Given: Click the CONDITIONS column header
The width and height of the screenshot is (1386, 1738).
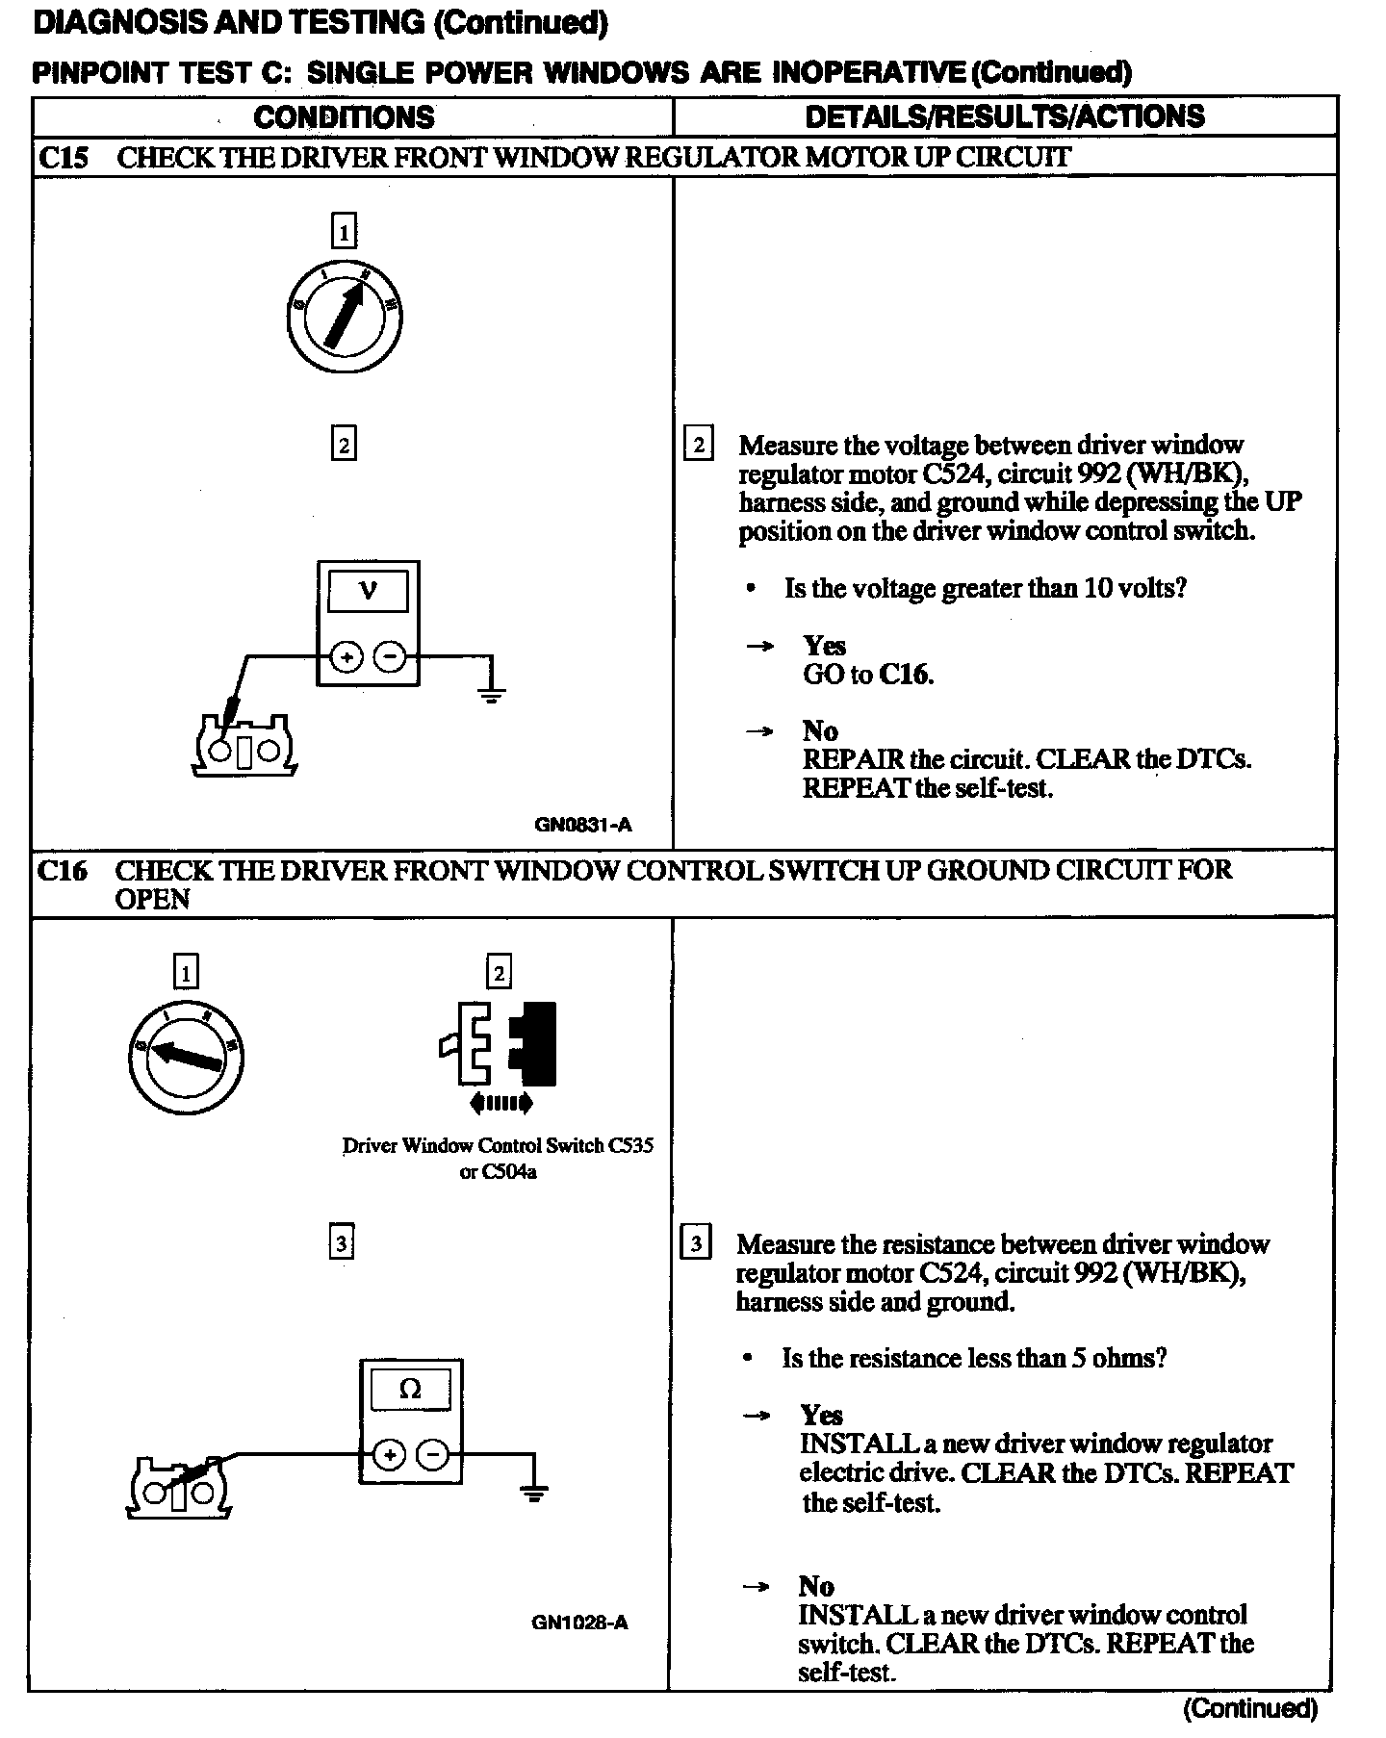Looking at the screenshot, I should tap(344, 117).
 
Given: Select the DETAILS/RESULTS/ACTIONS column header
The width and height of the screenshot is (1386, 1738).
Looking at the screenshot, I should tap(1004, 116).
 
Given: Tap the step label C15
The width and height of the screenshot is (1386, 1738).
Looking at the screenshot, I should tap(63, 158).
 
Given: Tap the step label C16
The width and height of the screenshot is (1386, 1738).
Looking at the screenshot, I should tap(63, 871).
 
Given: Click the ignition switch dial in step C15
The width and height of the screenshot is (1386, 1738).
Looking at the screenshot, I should tap(344, 314).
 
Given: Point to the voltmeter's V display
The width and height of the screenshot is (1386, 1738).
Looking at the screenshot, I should tap(368, 591).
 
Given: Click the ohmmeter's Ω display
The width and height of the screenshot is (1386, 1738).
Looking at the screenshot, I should tap(410, 1389).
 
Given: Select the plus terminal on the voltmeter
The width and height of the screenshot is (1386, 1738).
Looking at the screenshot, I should tap(346, 658).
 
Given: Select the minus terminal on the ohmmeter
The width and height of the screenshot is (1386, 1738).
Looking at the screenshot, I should tap(433, 1454).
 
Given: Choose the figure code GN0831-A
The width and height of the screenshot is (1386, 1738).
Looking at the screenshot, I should tap(583, 825).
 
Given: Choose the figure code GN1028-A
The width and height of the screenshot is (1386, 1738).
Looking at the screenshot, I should tap(579, 1623).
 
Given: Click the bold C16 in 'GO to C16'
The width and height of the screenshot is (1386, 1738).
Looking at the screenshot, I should tap(905, 674).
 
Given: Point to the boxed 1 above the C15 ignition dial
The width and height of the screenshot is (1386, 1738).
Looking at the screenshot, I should tap(344, 231).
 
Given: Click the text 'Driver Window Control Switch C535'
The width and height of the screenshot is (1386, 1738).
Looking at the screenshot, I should tap(498, 1146).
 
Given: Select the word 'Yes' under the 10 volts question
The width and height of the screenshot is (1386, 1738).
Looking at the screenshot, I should tap(824, 645).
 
